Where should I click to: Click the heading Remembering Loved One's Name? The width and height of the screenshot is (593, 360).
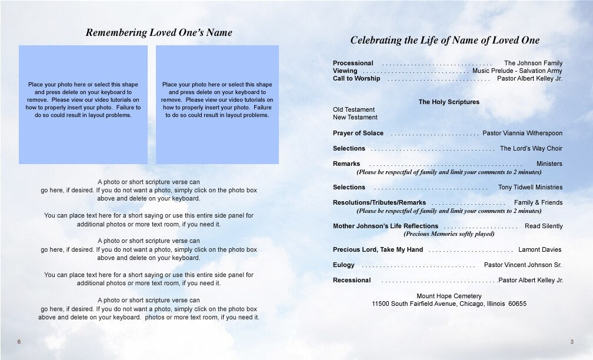click(x=159, y=33)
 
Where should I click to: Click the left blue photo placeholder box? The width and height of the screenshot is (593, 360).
click(x=83, y=104)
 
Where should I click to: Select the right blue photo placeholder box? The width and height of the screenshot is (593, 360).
click(x=217, y=104)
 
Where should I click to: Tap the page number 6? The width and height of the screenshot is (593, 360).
click(x=19, y=342)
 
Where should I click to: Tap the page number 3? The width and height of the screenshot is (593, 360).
click(x=571, y=342)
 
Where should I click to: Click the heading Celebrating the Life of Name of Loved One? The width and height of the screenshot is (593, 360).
click(x=445, y=41)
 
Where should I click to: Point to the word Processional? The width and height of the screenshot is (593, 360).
click(x=353, y=63)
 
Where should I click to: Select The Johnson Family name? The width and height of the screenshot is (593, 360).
click(x=533, y=63)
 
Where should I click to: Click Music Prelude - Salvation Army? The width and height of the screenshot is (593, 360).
click(x=517, y=71)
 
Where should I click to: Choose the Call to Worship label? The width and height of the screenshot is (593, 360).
click(x=357, y=78)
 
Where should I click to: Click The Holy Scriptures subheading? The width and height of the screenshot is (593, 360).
click(x=449, y=102)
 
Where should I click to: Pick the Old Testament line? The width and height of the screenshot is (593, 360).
click(x=354, y=109)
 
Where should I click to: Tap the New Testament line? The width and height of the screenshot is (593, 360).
click(x=355, y=117)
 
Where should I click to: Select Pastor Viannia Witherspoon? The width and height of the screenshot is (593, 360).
click(x=522, y=133)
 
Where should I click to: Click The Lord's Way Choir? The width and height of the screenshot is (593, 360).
click(x=531, y=148)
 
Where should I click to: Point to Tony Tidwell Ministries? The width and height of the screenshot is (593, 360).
click(x=530, y=187)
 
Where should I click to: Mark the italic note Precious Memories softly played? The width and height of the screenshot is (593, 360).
click(x=449, y=234)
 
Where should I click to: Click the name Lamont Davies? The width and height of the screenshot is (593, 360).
click(x=539, y=249)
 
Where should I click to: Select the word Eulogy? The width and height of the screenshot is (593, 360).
click(x=344, y=265)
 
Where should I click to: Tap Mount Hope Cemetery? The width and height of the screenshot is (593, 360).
click(x=449, y=296)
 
